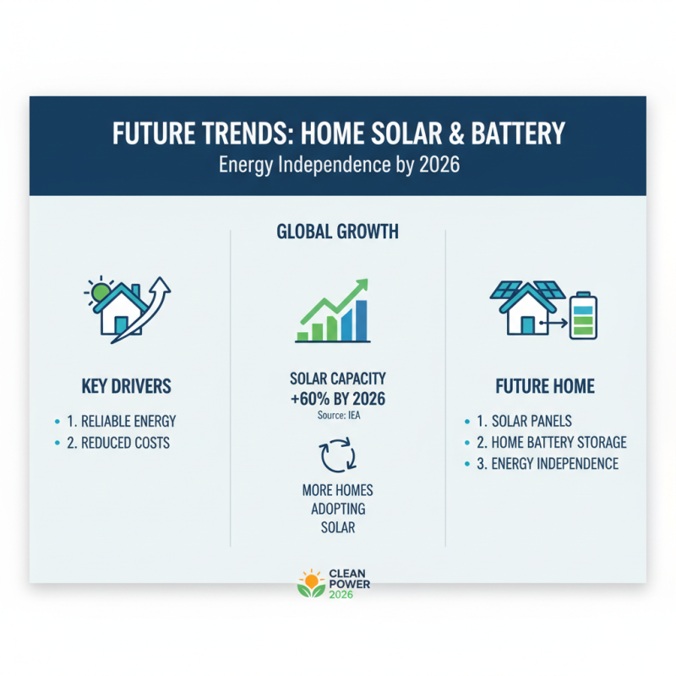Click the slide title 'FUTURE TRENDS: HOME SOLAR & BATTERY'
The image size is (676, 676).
pos(338,135)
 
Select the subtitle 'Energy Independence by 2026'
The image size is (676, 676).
pos(338,164)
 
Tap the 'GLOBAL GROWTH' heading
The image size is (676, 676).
pos(338,232)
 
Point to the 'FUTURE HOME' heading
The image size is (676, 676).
pos(545,387)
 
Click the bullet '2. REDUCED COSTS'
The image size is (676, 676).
pos(123,443)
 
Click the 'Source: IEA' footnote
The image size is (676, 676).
pos(338,416)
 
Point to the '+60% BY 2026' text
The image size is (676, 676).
pos(338,399)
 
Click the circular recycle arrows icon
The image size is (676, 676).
pos(337,455)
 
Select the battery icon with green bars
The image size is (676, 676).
pos(583,315)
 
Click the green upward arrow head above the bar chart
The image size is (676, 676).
pos(362,285)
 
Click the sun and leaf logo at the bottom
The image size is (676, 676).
pos(312,583)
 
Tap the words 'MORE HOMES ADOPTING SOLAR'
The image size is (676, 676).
pos(338,509)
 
